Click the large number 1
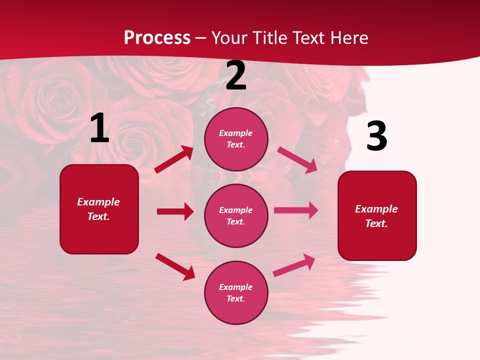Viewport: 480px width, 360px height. point(99,128)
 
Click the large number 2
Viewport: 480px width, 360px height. point(236,76)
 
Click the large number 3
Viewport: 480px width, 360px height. point(376,136)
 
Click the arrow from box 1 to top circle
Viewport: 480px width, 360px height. point(173,159)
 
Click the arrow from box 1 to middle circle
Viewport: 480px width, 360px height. point(175,211)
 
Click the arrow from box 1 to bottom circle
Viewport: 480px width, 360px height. point(175,266)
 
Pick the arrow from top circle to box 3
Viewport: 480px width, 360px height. point(297,159)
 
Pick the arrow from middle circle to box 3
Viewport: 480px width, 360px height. point(296,210)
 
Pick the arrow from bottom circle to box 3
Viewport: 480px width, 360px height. point(294,265)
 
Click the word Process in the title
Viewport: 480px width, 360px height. point(157,37)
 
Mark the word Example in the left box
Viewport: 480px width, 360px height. point(98,202)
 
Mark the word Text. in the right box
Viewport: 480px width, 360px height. point(376,223)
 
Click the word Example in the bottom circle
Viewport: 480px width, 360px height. point(236,287)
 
